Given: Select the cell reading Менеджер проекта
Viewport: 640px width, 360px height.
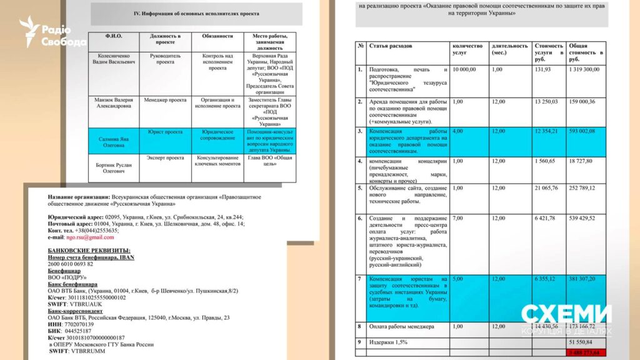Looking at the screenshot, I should (165, 99).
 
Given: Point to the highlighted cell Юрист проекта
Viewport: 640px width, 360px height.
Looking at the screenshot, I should (165, 132).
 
